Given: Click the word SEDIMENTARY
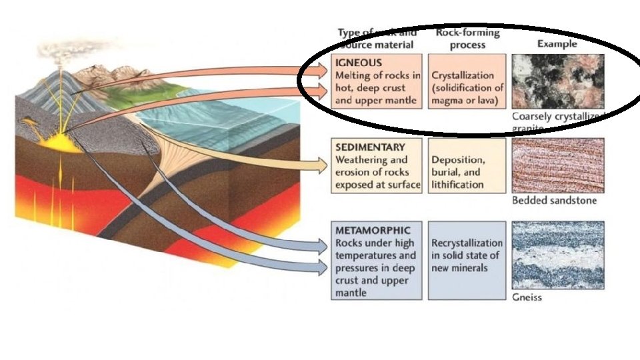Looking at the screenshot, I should (x=369, y=147).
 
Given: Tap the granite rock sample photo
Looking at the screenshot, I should (x=558, y=81).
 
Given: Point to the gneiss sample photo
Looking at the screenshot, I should (x=558, y=256).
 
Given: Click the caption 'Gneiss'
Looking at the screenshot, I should (x=527, y=297).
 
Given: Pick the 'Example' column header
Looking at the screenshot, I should (x=557, y=43).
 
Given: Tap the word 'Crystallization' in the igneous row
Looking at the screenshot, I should (x=463, y=76).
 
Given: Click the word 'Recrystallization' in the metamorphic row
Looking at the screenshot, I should (x=467, y=243).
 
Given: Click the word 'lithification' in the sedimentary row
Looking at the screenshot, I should (x=457, y=185).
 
